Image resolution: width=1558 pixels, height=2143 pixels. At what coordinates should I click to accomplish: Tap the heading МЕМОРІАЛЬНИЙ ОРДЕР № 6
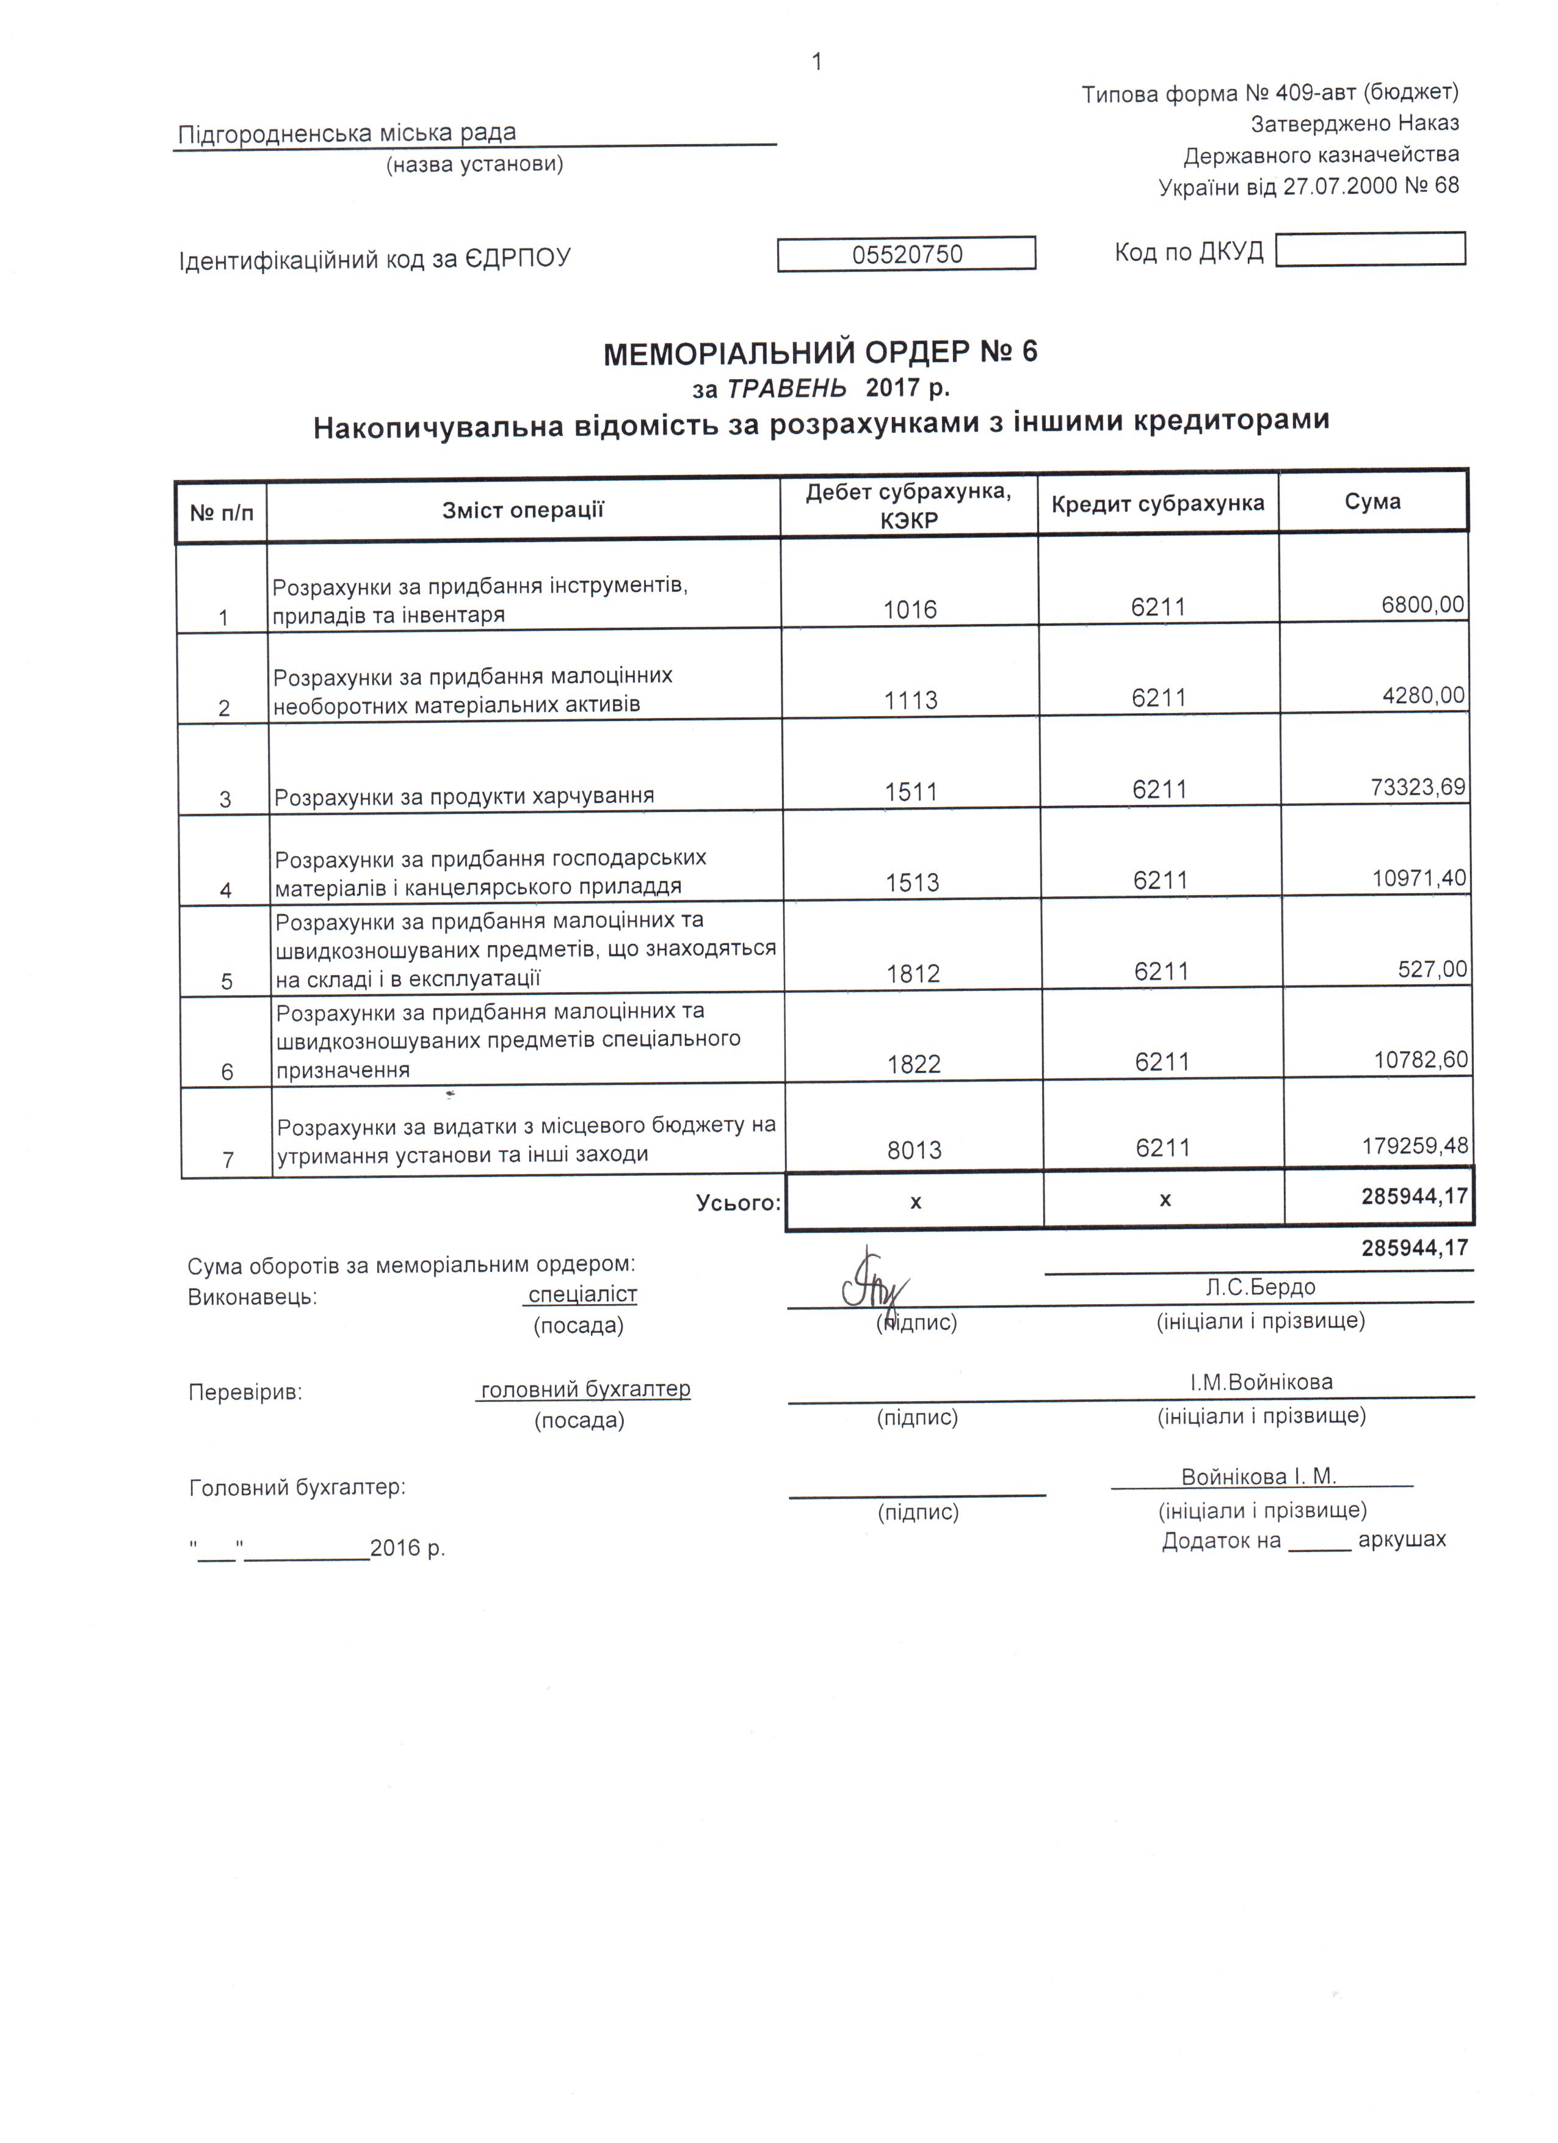pyautogui.click(x=820, y=352)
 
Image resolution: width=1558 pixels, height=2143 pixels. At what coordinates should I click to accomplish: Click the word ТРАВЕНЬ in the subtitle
pyautogui.click(x=787, y=388)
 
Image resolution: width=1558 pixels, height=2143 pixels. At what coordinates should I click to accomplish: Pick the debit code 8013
pyautogui.click(x=915, y=1150)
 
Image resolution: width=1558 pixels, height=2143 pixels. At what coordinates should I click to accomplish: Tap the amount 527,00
pyautogui.click(x=1432, y=968)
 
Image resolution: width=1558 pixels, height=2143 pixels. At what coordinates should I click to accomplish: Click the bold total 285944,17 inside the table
pyautogui.click(x=1415, y=1196)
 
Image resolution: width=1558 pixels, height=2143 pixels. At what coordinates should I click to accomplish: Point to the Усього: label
pyautogui.click(x=738, y=1203)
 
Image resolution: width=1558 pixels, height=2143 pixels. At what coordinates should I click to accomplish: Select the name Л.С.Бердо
pyautogui.click(x=1261, y=1287)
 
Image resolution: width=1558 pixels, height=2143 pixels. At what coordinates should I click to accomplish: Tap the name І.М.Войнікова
pyautogui.click(x=1261, y=1382)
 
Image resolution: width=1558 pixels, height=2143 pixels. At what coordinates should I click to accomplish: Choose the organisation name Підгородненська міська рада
pyautogui.click(x=347, y=133)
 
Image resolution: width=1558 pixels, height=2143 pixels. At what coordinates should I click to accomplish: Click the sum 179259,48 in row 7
pyautogui.click(x=1415, y=1146)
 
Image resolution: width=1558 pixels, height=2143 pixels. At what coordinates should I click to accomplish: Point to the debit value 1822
pyautogui.click(x=914, y=1065)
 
